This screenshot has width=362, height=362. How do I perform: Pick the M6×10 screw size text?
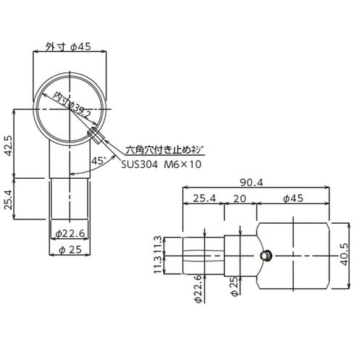(x=181, y=165)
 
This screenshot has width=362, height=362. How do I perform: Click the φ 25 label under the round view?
(x=70, y=250)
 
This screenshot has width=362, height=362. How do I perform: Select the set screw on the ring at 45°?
(x=95, y=135)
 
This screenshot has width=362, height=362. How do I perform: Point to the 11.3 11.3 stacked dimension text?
(x=167, y=254)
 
